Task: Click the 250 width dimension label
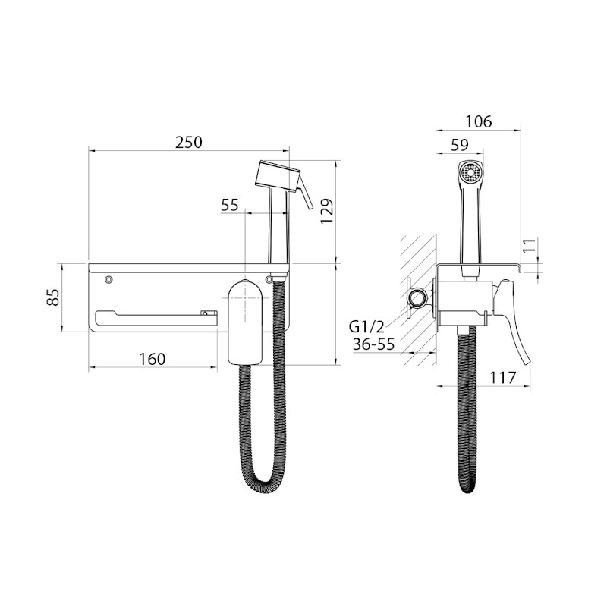pyautogui.click(x=188, y=142)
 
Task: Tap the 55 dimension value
pyautogui.click(x=230, y=205)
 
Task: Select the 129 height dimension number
pyautogui.click(x=327, y=211)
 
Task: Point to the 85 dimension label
pyautogui.click(x=53, y=297)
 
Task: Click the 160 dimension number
pyautogui.click(x=153, y=359)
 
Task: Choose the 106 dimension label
pyautogui.click(x=479, y=121)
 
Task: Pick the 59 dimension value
pyautogui.click(x=460, y=145)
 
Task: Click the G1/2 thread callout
pyautogui.click(x=366, y=327)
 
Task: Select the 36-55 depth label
pyautogui.click(x=373, y=344)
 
